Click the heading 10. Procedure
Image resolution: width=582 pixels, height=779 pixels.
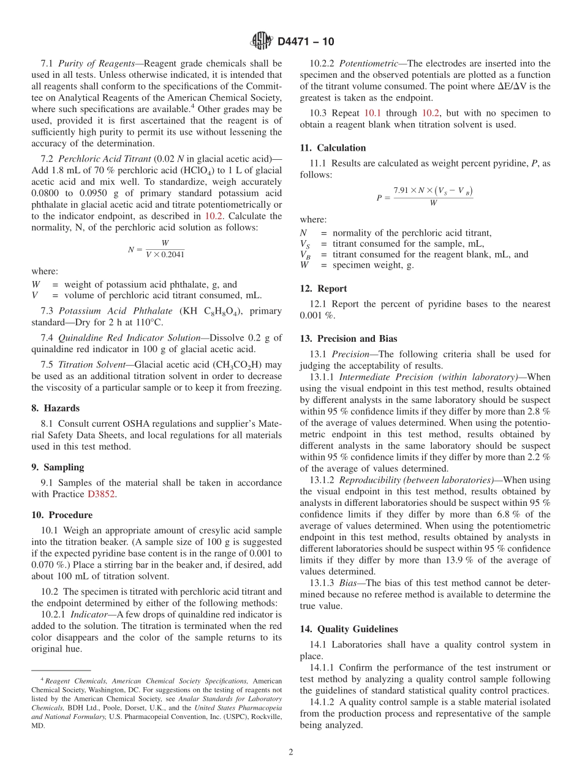(62, 515)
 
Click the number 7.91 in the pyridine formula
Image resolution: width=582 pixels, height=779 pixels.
(404, 191)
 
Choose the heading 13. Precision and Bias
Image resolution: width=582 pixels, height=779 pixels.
(349, 339)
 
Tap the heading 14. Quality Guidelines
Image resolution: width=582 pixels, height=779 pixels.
(349, 629)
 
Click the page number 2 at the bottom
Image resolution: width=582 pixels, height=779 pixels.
(291, 752)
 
